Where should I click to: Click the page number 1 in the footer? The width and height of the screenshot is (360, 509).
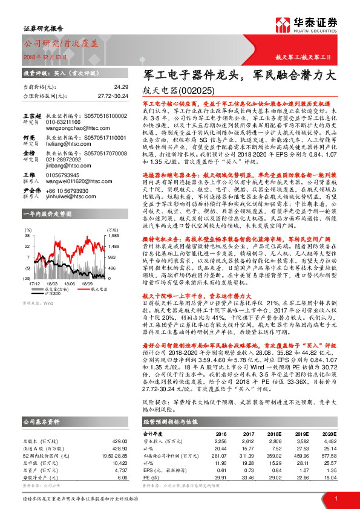tap(335, 498)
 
